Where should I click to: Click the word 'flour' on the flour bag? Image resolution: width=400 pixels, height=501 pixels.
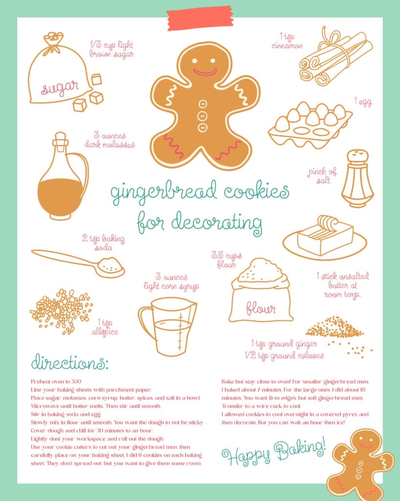260,308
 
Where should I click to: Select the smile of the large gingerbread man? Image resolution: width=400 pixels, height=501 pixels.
205,72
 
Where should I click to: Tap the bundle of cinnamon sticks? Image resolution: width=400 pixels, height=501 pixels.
335,58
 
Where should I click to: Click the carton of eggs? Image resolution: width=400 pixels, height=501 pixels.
310,125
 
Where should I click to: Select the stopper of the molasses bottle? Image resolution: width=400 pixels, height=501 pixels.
60,139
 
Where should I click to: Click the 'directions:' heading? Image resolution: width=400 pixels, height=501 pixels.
70,363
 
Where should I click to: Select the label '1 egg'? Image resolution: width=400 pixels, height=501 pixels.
363,102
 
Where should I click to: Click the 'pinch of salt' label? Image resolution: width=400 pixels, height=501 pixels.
322,176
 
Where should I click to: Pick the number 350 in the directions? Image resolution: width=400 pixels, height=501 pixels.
76,381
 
